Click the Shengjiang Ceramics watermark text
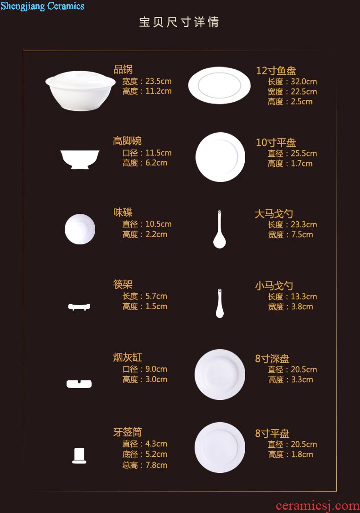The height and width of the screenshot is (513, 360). pyautogui.click(x=42, y=6)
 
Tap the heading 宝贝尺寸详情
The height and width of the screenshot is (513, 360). pyautogui.click(x=179, y=22)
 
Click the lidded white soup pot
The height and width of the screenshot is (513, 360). pyautogui.click(x=81, y=91)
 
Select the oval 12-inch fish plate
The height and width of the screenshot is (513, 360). pyautogui.click(x=219, y=85)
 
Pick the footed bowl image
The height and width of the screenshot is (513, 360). pyautogui.click(x=80, y=160)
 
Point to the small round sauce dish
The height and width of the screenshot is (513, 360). pyautogui.click(x=80, y=229)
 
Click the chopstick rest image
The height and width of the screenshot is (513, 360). pyautogui.click(x=79, y=306)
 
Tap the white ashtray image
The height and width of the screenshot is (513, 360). pyautogui.click(x=79, y=384)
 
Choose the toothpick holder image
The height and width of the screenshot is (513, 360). pyautogui.click(x=79, y=456)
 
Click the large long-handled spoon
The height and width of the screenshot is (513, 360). pyautogui.click(x=219, y=229)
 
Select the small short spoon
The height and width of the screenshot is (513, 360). pyautogui.click(x=220, y=303)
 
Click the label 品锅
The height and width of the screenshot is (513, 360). pyautogui.click(x=123, y=69)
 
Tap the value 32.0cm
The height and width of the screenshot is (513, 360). pyautogui.click(x=304, y=82)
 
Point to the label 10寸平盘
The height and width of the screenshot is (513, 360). pyautogui.click(x=276, y=142)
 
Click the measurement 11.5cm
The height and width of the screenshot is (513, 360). pyautogui.click(x=158, y=153)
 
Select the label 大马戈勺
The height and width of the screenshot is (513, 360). pyautogui.click(x=274, y=214)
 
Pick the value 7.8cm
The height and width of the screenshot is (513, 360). pyautogui.click(x=156, y=465)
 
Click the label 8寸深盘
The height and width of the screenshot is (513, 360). pyautogui.click(x=273, y=358)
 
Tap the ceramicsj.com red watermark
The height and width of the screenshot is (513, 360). pyautogui.click(x=318, y=506)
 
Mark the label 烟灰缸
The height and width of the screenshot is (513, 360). pyautogui.click(x=128, y=357)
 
